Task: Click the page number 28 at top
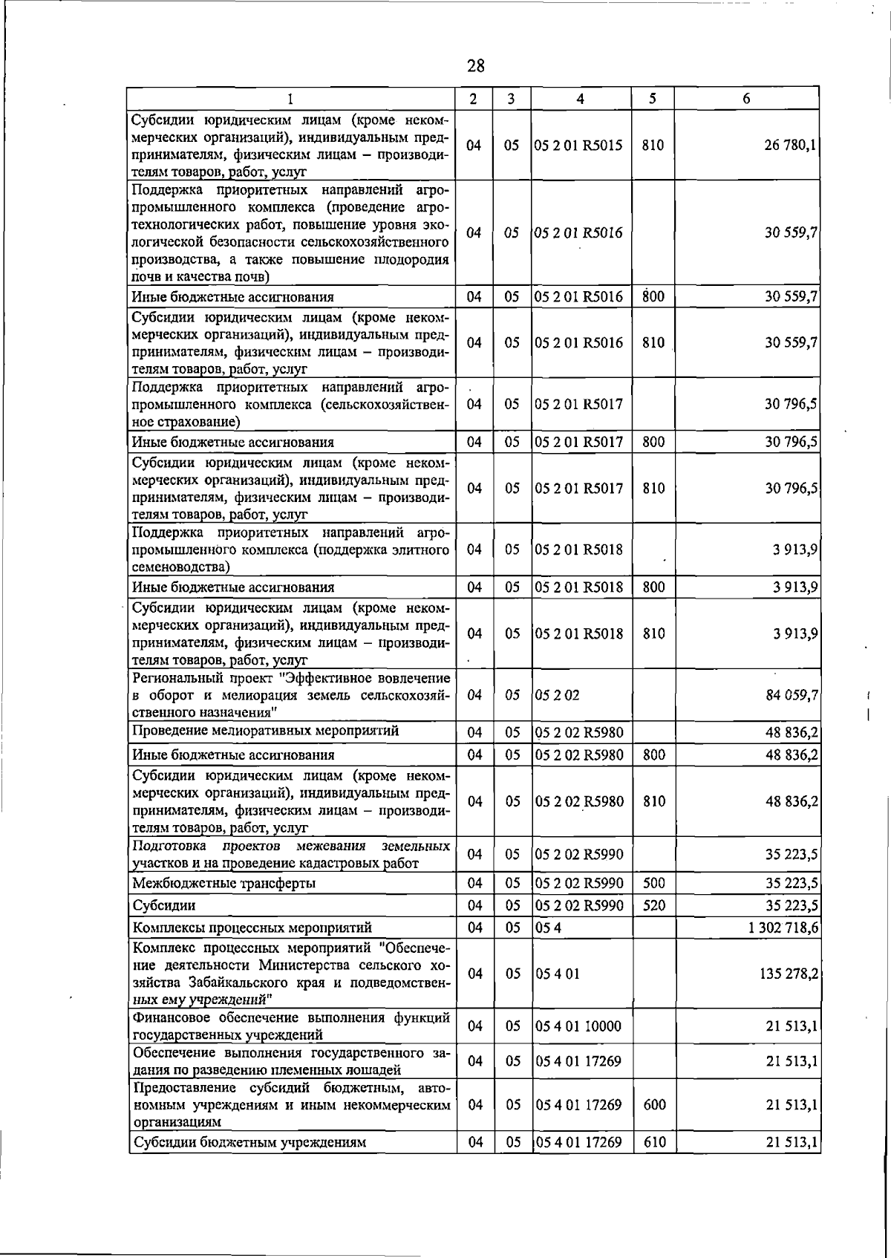pos(476,66)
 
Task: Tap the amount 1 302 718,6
pos(784,928)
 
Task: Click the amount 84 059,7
pos(792,696)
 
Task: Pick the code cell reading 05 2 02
pos(557,696)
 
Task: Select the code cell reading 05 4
pos(548,928)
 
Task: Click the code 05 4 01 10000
pos(578,1026)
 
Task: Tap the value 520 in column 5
pos(654,905)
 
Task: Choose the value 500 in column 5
pos(654,883)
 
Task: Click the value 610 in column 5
pos(654,1142)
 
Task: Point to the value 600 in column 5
pos(654,1105)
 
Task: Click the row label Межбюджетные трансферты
pos(223,883)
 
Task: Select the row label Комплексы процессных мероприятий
pos(252,928)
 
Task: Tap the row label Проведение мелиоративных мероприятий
pos(265,731)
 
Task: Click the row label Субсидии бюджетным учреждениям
pos(249,1142)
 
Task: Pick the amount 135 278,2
pos(789,974)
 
